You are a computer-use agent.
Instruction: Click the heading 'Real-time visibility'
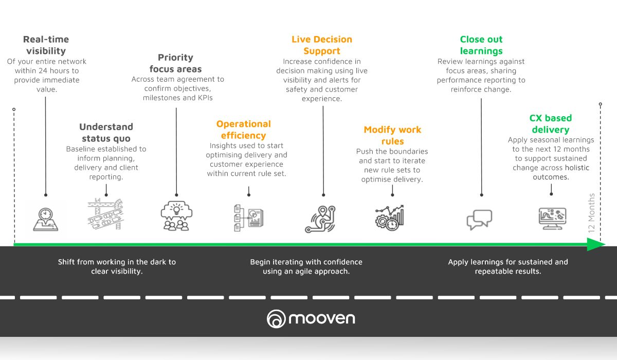click(x=46, y=45)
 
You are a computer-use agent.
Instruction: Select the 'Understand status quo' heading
click(x=106, y=133)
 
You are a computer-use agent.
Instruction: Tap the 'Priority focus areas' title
click(x=175, y=63)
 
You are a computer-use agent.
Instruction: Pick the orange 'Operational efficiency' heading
click(x=243, y=130)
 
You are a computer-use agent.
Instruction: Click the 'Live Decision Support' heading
click(x=322, y=45)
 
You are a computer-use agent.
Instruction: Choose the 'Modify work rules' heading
click(x=392, y=135)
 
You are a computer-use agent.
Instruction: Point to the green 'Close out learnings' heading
click(x=481, y=45)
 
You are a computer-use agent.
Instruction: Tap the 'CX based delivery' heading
click(x=550, y=124)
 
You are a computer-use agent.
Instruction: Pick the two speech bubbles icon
click(x=479, y=219)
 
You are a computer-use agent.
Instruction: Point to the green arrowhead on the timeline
click(x=596, y=245)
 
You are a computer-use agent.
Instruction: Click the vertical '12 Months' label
click(x=591, y=213)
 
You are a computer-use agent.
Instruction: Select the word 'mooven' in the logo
click(x=322, y=318)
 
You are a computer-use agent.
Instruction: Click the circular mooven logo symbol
click(x=276, y=319)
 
